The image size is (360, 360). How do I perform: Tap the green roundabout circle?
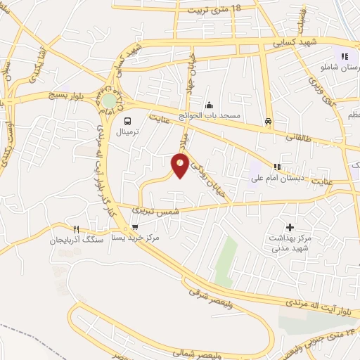tap(109, 101)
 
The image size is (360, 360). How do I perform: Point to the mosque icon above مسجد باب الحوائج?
tap(209, 104)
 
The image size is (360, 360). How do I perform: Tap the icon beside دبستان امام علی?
tap(277, 167)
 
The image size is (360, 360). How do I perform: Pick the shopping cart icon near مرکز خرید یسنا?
tap(135, 228)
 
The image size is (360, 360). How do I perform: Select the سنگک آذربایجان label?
tap(76, 240)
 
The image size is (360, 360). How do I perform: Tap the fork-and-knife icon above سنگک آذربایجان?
tap(77, 229)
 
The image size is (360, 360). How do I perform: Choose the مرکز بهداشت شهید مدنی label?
tap(290, 243)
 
